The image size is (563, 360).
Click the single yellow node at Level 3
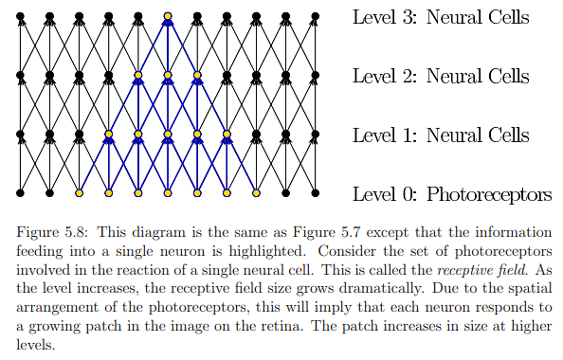pyautogui.click(x=168, y=16)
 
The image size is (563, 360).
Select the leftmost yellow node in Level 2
pyautogui.click(x=138, y=75)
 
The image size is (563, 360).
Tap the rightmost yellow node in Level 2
pyautogui.click(x=197, y=75)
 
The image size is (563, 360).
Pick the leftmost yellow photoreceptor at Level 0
pyautogui.click(x=80, y=193)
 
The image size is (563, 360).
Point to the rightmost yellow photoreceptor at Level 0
pyautogui.click(x=256, y=193)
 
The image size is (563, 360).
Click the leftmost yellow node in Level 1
pyautogui.click(x=109, y=135)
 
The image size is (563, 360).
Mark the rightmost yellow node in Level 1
pyautogui.click(x=227, y=135)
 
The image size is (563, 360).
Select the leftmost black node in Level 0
pyautogui.click(x=21, y=193)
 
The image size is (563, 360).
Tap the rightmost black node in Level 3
pyautogui.click(x=315, y=16)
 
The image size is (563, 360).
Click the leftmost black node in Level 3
pyautogui.click(x=21, y=16)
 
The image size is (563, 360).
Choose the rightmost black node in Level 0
pyautogui.click(x=315, y=193)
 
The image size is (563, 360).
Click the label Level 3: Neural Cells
pyautogui.click(x=441, y=18)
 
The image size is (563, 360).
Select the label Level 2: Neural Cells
pyautogui.click(x=441, y=77)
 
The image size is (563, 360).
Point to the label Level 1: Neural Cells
pyautogui.click(x=441, y=136)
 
